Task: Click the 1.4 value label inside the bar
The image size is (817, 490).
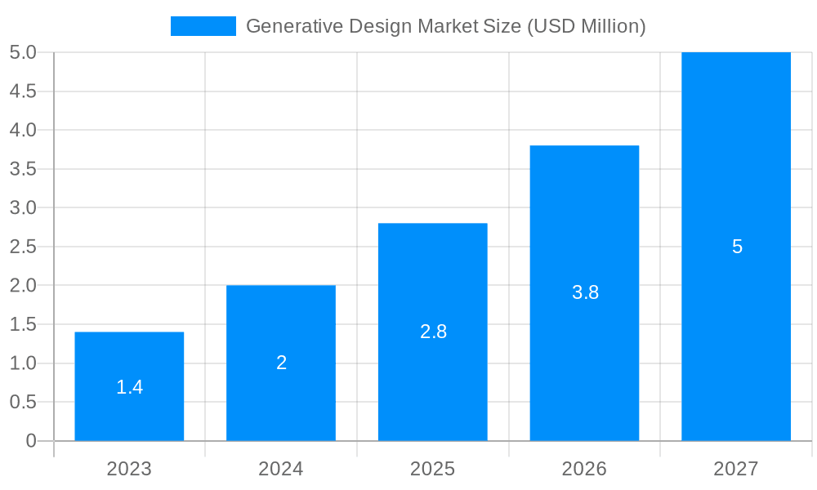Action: [129, 387]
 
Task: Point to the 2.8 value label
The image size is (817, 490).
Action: [433, 332]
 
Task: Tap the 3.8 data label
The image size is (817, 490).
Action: [585, 292]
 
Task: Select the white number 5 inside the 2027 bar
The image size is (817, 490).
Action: [737, 247]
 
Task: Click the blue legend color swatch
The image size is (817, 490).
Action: [203, 26]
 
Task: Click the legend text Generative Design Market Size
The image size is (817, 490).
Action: [445, 26]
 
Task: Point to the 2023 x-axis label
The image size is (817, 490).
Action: [129, 469]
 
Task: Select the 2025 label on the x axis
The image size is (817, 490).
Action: [433, 469]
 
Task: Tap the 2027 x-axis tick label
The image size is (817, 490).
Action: [736, 469]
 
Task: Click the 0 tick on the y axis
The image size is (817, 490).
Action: [31, 441]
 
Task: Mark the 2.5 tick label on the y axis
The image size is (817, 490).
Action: [23, 247]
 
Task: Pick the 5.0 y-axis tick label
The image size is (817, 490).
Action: [23, 52]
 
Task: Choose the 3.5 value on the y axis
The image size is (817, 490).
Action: [23, 169]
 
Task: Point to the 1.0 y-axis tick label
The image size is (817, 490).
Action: [23, 363]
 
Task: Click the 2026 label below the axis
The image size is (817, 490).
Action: [584, 469]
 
